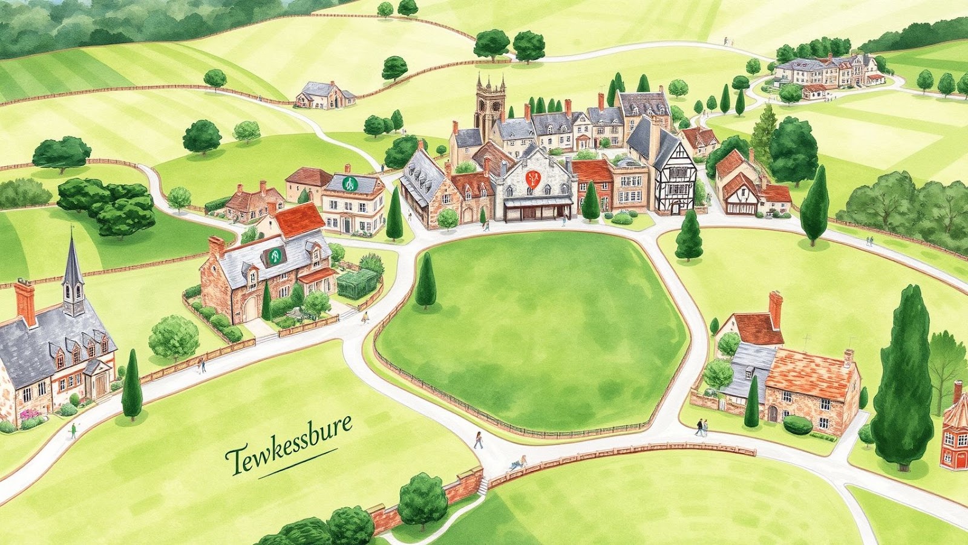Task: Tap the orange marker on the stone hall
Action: click(x=533, y=178)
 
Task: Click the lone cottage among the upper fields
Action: click(x=325, y=95)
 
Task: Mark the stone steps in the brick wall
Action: click(x=482, y=485)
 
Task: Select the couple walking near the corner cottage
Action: click(x=701, y=427)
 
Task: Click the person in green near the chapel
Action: click(x=73, y=430)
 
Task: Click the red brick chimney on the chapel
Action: click(x=25, y=302)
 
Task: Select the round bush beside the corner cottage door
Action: click(x=797, y=425)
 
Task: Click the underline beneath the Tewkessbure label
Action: click(x=298, y=463)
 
